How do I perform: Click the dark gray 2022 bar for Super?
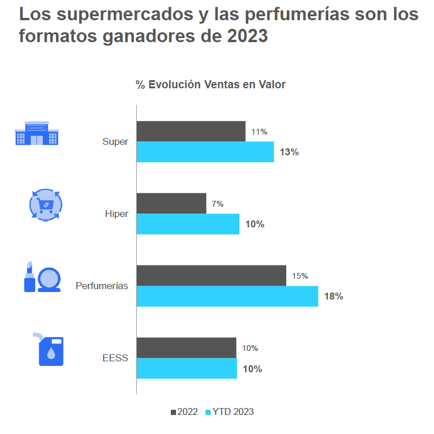click(190, 131)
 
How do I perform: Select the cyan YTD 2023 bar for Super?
click(205, 152)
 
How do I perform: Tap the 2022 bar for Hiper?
click(171, 203)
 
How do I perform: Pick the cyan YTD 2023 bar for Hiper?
click(188, 224)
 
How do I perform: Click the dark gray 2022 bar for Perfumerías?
click(211, 275)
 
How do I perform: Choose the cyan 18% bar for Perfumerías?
click(227, 296)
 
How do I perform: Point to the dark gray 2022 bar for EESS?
click(186, 347)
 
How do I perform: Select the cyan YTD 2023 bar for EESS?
click(186, 368)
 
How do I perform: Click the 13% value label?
click(289, 152)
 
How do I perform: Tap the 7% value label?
click(218, 204)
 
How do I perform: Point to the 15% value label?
click(300, 276)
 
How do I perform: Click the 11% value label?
click(259, 132)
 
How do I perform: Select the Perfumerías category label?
click(102, 286)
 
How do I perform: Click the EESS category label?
click(115, 358)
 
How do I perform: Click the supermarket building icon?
click(36, 133)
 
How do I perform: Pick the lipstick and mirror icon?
click(42, 277)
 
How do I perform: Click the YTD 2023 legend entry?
click(229, 411)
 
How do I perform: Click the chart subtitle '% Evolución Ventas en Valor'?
click(211, 84)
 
